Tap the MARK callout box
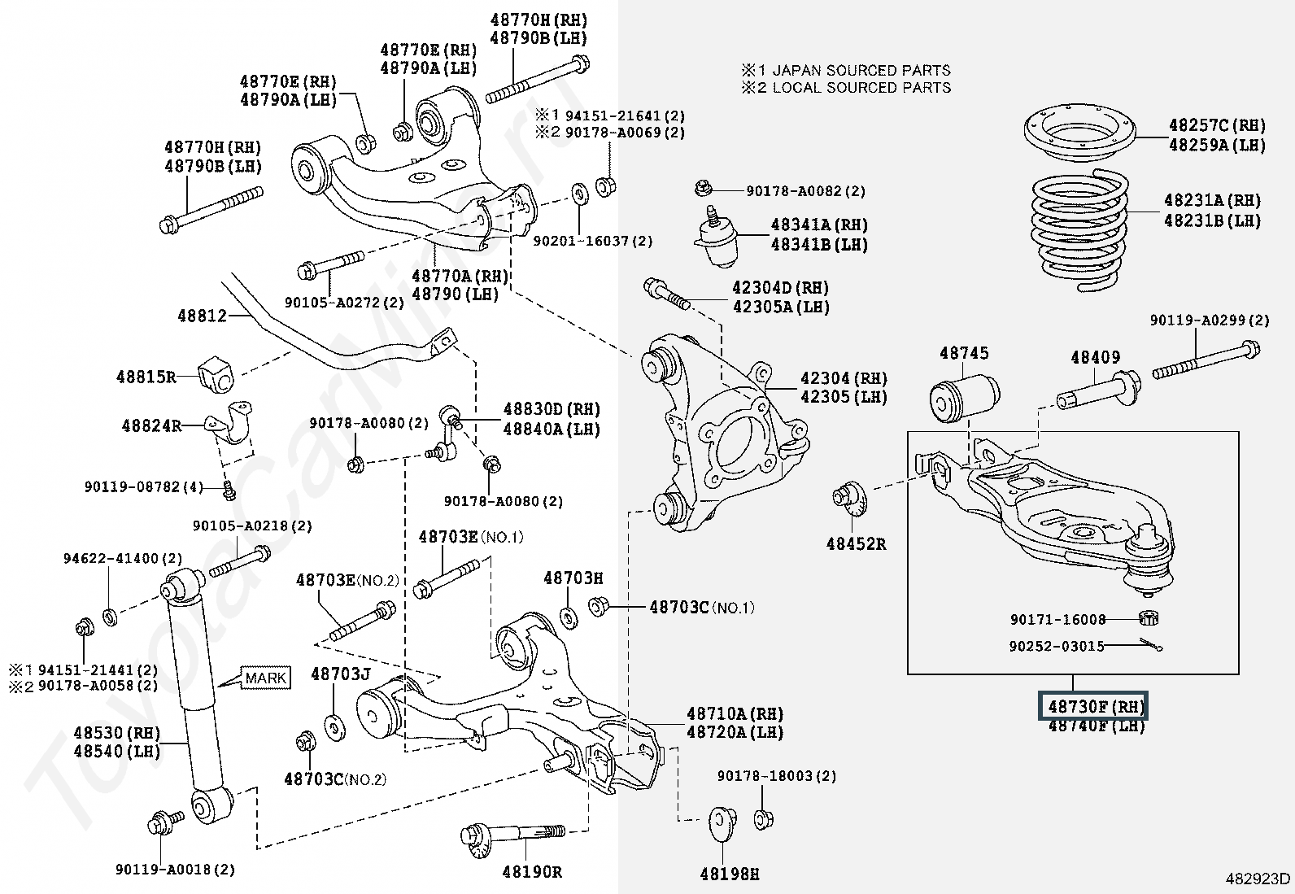265,678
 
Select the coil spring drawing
1079,230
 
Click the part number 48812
202,316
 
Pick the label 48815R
146,377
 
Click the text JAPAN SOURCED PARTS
861,71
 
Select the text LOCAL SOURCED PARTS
861,88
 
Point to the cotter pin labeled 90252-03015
1150,644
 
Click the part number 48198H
729,874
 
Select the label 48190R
531,871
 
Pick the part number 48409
1095,357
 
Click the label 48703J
341,674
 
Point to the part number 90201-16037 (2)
592,241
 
